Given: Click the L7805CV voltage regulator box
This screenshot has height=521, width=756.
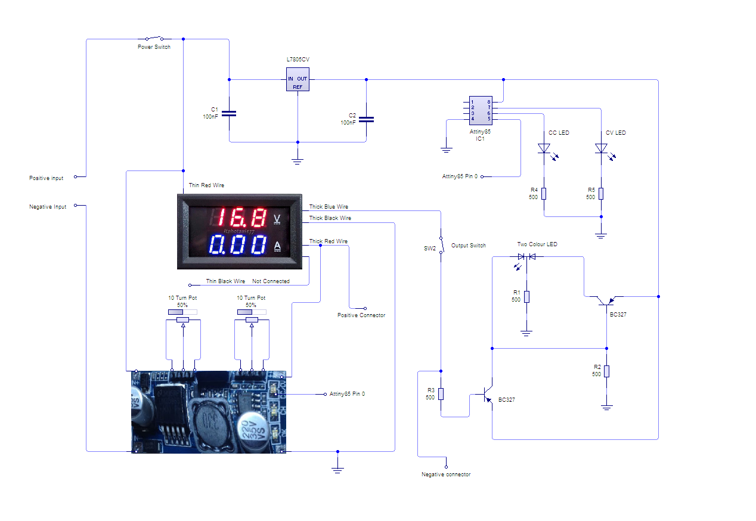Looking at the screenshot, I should (x=298, y=79).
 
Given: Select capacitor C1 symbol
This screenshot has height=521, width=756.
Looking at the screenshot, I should (x=230, y=113).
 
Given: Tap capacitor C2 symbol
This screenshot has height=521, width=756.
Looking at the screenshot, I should (x=366, y=119).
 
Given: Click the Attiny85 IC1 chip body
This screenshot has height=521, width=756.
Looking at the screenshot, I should (x=480, y=110).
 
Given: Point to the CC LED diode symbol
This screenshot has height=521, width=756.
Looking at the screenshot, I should (x=544, y=148).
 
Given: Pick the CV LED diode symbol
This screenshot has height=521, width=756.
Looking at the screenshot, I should (x=601, y=148).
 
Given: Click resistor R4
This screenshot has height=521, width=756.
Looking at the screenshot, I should (x=544, y=193).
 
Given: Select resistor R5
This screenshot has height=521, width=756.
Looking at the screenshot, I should (x=601, y=193).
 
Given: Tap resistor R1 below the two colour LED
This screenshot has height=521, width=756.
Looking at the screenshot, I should (x=526, y=296).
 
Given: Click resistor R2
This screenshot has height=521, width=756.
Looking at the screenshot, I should (x=607, y=371).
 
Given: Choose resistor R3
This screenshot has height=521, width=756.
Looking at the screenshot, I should (x=441, y=393).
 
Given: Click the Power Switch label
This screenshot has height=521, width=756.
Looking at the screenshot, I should (x=154, y=47).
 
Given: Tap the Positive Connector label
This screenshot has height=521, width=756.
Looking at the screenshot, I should (x=361, y=315).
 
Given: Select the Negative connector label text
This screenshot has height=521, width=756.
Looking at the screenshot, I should (x=446, y=475).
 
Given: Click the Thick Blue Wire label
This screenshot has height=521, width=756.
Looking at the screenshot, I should (x=329, y=207).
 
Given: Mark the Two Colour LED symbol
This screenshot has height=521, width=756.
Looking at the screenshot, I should (x=526, y=256).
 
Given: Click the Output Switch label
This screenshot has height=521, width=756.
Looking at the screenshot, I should (x=468, y=246).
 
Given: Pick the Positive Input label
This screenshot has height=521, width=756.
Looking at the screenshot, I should (x=46, y=178).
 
